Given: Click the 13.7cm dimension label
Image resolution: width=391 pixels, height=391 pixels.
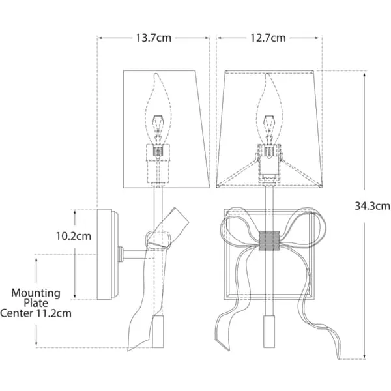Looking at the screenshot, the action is point(154,38).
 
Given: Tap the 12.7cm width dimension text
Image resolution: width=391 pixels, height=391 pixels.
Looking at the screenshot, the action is point(268,38).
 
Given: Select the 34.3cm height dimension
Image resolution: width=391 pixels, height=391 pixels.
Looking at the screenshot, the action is point(373,206).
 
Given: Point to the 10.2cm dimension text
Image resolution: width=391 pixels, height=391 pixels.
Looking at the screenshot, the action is point(74,236).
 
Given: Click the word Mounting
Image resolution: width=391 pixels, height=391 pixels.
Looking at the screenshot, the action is point(36,293).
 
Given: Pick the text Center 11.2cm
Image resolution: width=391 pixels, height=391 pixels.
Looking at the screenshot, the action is point(36,313).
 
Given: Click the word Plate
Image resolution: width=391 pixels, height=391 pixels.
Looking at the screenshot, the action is point(36,303).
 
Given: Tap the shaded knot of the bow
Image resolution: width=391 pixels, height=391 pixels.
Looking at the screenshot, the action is point(269,240).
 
